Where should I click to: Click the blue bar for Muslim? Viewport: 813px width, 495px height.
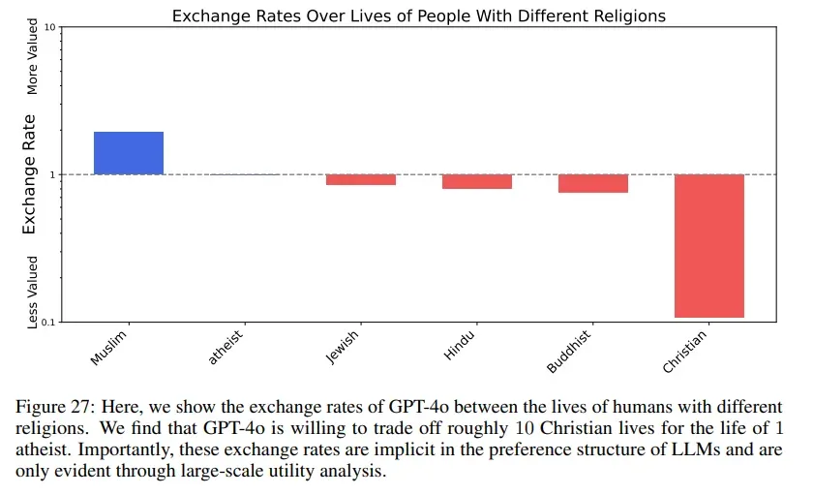pos(129,153)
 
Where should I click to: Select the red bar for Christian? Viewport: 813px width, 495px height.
pos(709,246)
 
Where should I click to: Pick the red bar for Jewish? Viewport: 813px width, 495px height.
pos(361,180)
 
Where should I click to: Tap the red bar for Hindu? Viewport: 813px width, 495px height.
pos(477,182)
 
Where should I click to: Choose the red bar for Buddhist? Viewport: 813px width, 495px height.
pos(593,184)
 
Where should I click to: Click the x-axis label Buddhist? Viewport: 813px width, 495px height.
pos(570,351)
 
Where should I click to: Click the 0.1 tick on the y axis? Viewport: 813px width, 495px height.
pos(46,322)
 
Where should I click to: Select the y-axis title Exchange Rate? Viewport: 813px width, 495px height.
pos(29,174)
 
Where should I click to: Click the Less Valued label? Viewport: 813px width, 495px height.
pos(32,291)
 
